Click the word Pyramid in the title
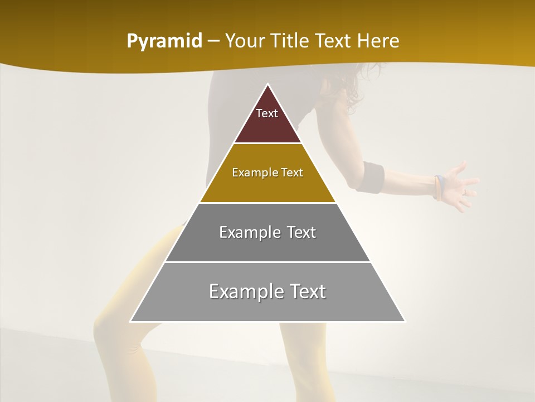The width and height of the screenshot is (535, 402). (x=164, y=41)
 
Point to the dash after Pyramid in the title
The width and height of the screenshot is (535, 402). (x=213, y=41)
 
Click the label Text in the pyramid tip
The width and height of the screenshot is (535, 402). (x=267, y=113)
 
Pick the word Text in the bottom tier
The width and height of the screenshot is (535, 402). (x=304, y=291)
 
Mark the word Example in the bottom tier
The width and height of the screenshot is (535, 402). (x=246, y=291)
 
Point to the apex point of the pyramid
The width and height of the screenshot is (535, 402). (x=267, y=85)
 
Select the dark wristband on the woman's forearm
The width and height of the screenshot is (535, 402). (x=371, y=177)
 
